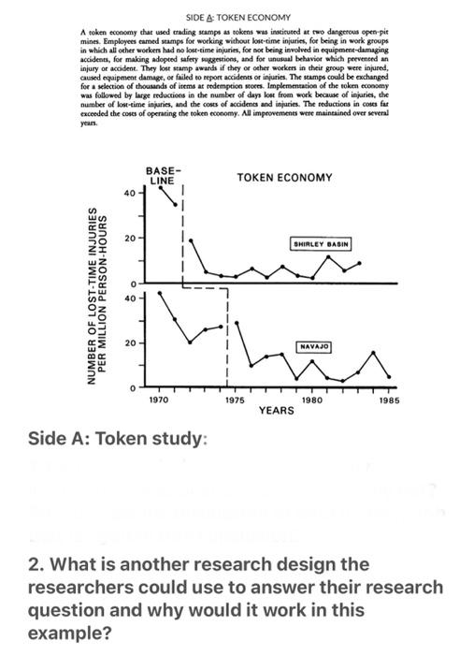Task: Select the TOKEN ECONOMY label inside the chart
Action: pos(284,178)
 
